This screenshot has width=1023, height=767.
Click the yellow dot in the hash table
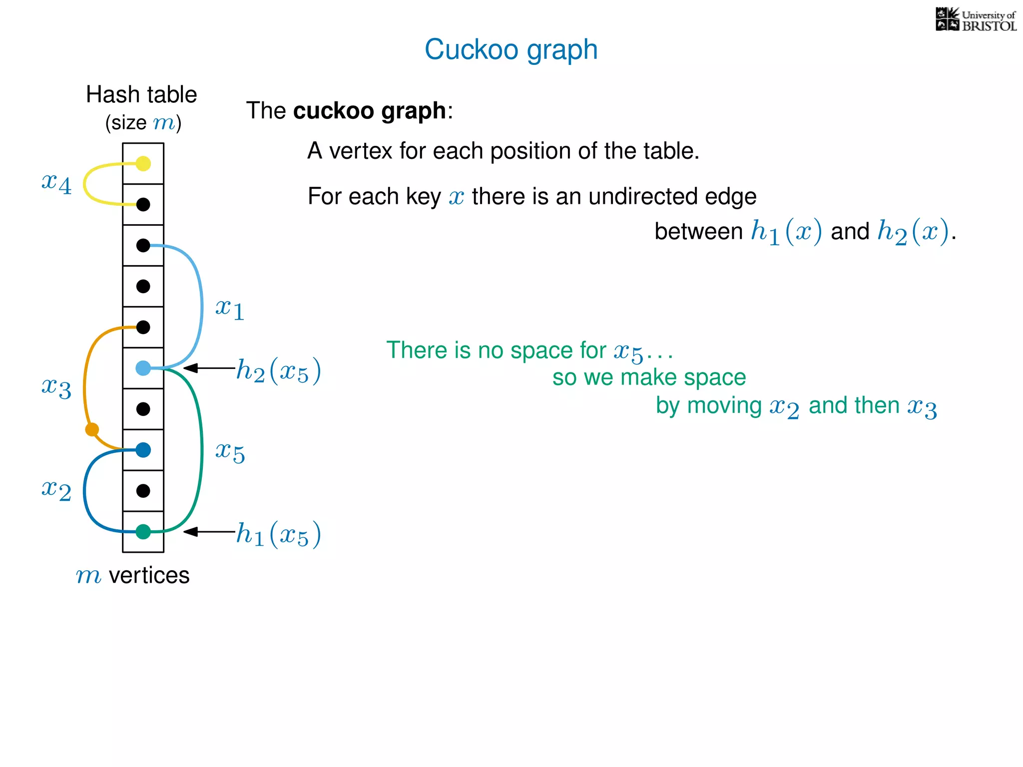coord(143,164)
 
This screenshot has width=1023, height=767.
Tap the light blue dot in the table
coord(143,369)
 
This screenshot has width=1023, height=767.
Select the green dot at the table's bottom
coord(143,532)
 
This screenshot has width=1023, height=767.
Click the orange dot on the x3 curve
coord(92,429)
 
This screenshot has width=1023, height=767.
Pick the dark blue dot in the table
coord(143,450)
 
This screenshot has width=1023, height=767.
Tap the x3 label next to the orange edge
coord(56,387)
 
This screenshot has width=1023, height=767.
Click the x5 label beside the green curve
coord(230,452)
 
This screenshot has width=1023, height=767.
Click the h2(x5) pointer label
coord(278,371)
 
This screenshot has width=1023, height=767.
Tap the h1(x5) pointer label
coord(278,534)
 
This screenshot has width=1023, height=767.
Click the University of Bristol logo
coord(976,20)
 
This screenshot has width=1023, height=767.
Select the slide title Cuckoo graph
coord(511,49)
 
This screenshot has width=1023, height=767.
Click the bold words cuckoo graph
coord(369,110)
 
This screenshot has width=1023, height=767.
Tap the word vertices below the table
coord(149,575)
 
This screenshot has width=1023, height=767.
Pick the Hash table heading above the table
coord(141,94)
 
